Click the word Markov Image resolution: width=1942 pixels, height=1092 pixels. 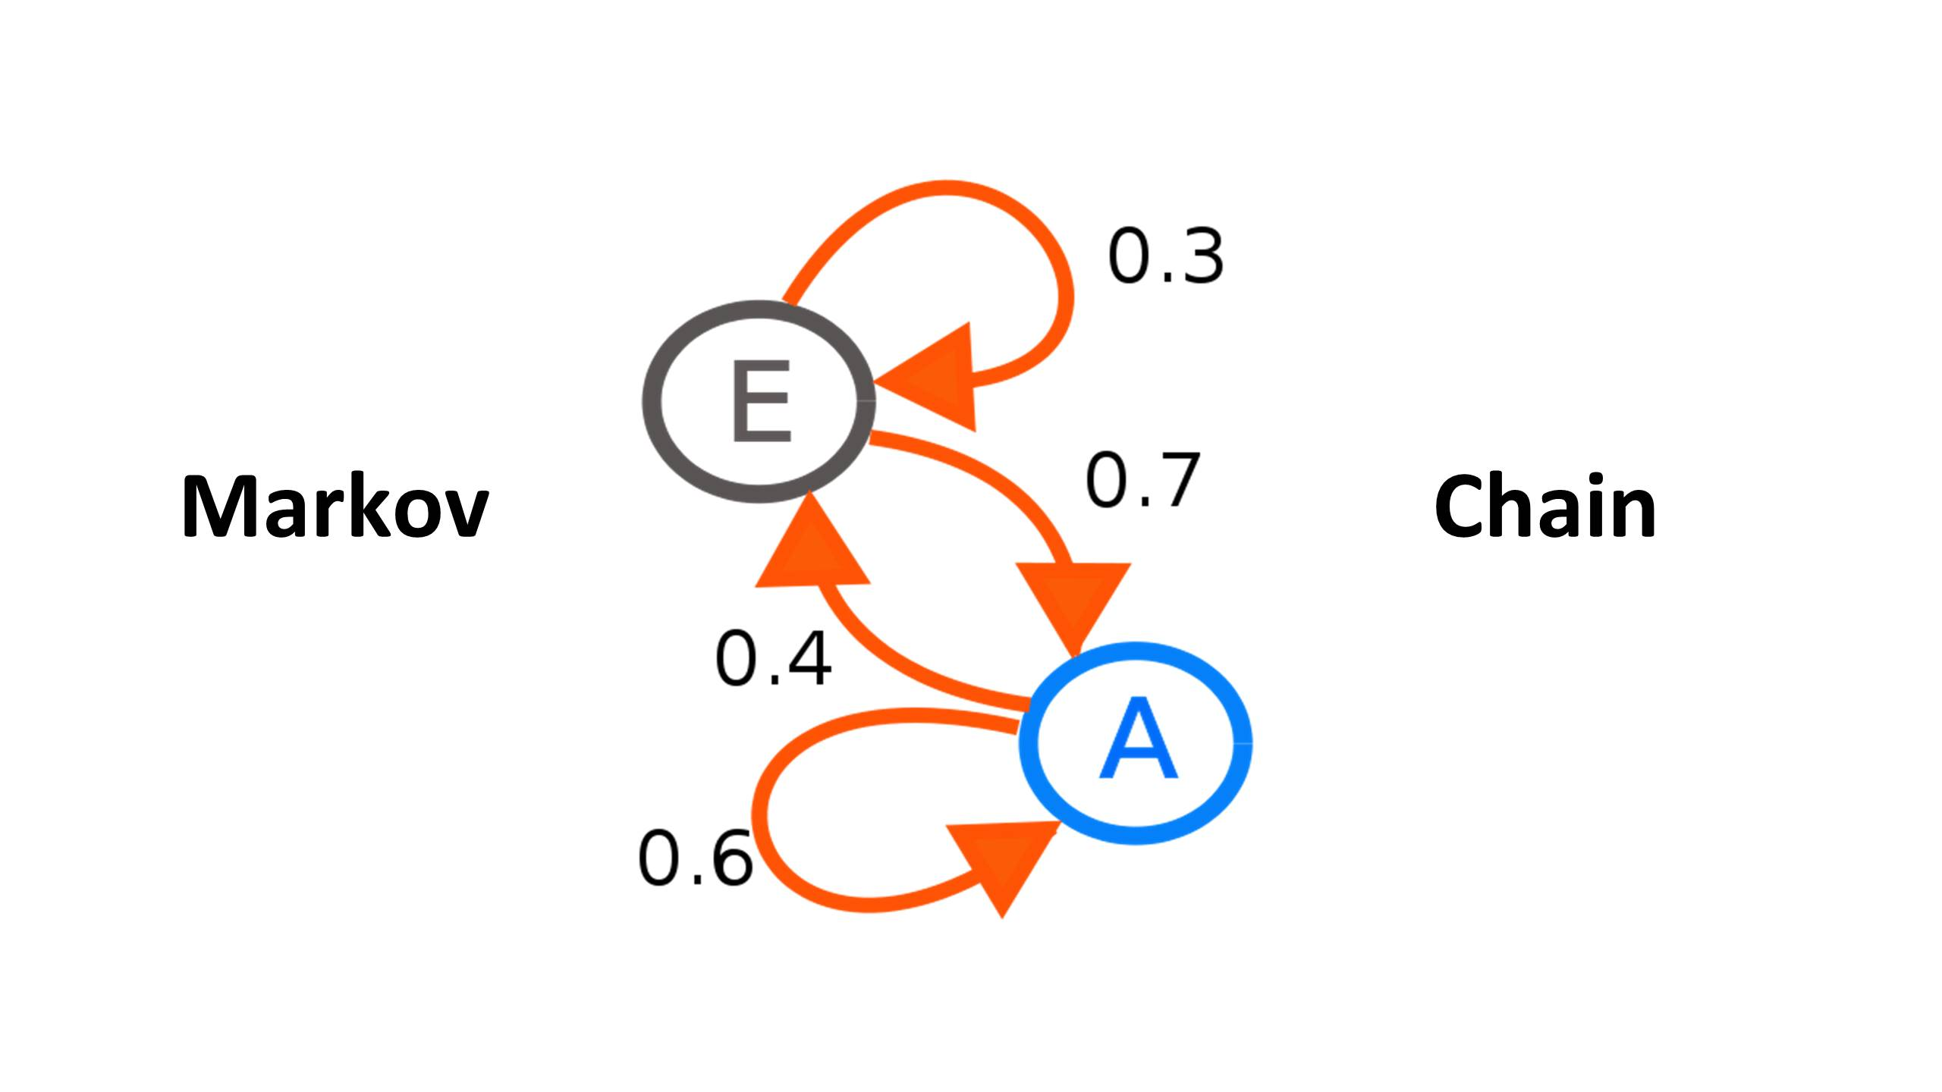pyautogui.click(x=335, y=506)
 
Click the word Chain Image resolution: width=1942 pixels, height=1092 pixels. pyautogui.click(x=1544, y=506)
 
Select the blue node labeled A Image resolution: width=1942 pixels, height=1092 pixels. pyautogui.click(x=1136, y=743)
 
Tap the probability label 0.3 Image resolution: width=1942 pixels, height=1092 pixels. pyautogui.click(x=1165, y=257)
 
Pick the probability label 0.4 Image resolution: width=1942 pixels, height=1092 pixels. pyautogui.click(x=773, y=659)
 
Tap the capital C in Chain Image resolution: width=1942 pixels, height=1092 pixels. pyautogui.click(x=1460, y=506)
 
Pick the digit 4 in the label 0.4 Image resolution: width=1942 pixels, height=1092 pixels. pyautogui.click(x=807, y=659)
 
